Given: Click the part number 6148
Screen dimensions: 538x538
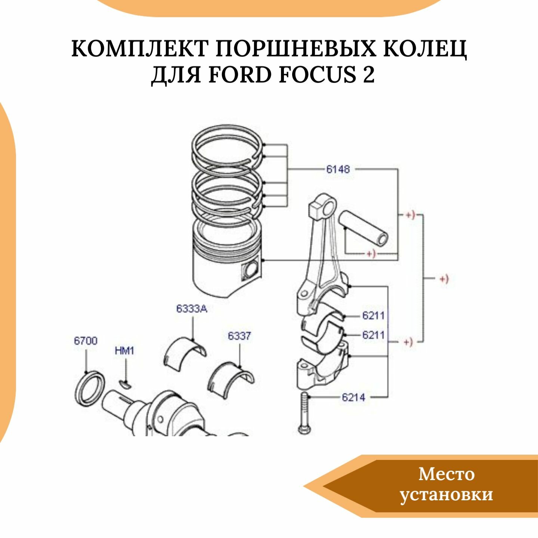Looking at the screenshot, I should click(x=338, y=169).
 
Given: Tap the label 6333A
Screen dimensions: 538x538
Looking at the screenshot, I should click(x=191, y=309).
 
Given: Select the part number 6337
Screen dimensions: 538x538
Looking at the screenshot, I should click(x=239, y=336).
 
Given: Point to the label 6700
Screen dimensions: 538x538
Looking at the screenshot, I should click(x=86, y=341).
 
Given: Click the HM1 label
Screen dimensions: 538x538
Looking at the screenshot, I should click(x=124, y=351).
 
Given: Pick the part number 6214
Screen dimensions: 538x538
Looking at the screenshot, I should click(x=353, y=397).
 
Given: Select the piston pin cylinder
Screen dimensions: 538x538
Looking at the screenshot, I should click(x=364, y=228).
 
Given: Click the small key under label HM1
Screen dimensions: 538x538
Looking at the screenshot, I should click(x=126, y=384).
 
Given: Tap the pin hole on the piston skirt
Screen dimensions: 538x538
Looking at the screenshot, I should click(x=250, y=270).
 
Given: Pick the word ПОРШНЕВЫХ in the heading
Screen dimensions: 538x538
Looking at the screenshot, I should click(x=296, y=49).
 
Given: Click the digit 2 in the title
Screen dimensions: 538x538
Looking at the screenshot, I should click(x=368, y=74).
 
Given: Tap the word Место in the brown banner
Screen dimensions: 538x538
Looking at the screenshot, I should click(x=446, y=474).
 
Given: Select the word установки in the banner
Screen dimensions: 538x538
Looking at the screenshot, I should click(x=446, y=494).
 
